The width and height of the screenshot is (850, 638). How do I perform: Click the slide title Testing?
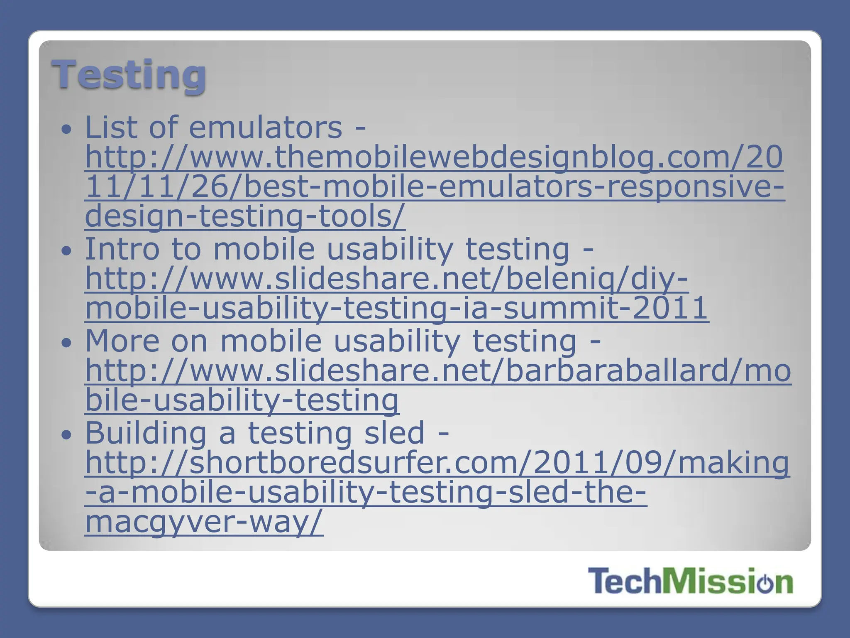coord(129,75)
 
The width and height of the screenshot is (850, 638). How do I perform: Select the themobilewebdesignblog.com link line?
coord(434,158)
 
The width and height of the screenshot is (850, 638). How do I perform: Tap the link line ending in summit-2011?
coord(397,308)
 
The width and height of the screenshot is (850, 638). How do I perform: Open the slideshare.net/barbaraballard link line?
coord(438,371)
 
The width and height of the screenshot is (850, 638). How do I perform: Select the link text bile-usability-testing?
coord(242,400)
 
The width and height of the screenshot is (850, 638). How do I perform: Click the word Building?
coord(146,433)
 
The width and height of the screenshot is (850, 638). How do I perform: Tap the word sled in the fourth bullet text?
coord(394,433)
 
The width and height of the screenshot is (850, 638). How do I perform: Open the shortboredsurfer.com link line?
coord(437,463)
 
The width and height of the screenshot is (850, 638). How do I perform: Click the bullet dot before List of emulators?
coord(66,129)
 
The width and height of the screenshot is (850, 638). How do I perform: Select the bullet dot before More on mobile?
coord(66,343)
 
